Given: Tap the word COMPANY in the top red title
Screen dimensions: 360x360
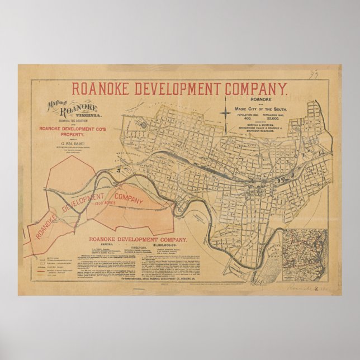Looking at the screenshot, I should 255,89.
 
